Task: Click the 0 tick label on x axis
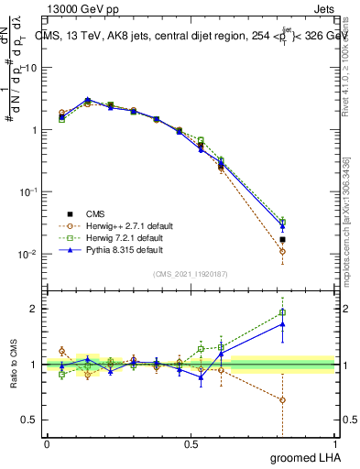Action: pos(47,444)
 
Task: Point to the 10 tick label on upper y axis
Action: pos(30,68)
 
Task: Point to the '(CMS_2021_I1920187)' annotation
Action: pos(191,274)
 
